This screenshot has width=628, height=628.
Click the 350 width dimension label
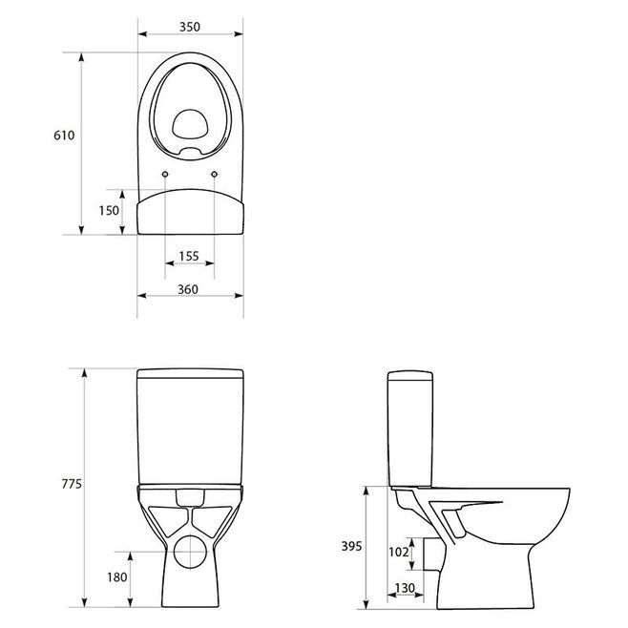click(190, 27)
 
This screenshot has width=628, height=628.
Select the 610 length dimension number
click(64, 136)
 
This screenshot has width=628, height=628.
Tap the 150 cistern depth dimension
click(109, 210)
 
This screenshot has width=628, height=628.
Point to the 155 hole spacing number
click(189, 256)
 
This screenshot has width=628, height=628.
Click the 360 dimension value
click(188, 289)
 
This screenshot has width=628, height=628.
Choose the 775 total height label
click(72, 484)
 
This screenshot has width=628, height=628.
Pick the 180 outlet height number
click(117, 577)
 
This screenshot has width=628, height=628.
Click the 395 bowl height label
click(351, 546)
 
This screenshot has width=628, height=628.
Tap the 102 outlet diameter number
click(399, 552)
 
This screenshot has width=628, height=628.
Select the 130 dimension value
click(405, 588)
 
